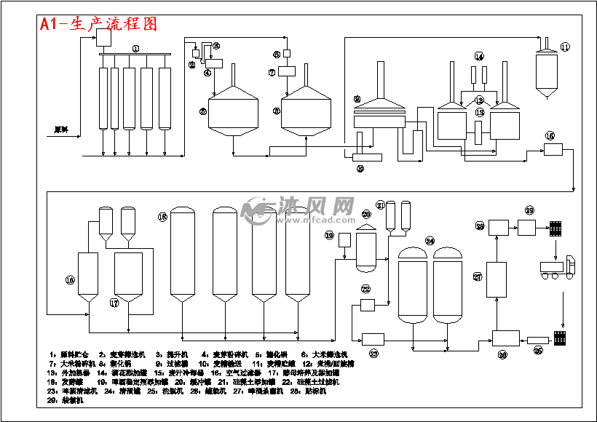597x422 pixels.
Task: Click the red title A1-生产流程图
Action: pos(98,23)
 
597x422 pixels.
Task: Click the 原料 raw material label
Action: pos(61,130)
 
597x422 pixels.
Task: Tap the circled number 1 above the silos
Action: pos(135,48)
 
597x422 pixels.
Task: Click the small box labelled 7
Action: pos(286,72)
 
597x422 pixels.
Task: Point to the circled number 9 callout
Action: pos(357,98)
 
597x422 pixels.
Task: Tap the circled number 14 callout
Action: pos(478,56)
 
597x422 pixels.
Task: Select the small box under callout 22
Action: pos(366,303)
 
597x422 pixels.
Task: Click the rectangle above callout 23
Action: pos(373,338)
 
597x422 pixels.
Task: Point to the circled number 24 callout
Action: pos(430,240)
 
